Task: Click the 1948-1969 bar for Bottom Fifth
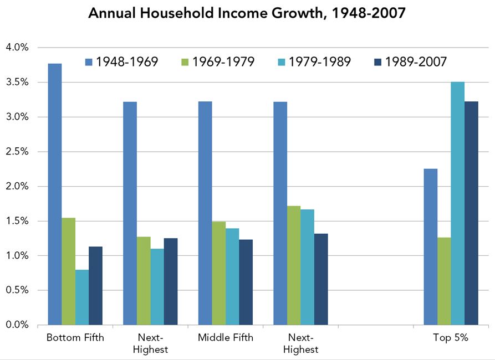(x=54, y=194)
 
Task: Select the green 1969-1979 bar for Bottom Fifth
(x=68, y=271)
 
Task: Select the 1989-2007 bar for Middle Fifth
(x=246, y=282)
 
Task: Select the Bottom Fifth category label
(x=75, y=338)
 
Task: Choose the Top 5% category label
(x=451, y=338)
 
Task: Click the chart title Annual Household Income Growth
(x=247, y=14)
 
